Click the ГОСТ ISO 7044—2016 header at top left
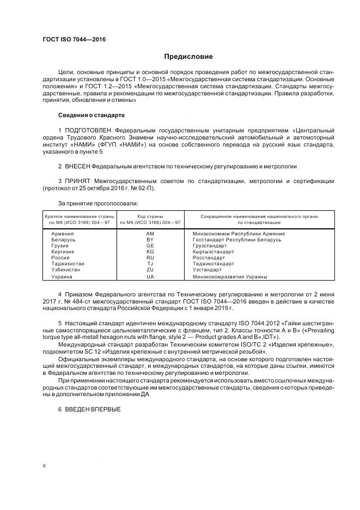(x=74, y=40)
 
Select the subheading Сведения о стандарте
(x=91, y=116)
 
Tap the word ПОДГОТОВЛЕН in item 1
(x=90, y=131)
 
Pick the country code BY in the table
(x=151, y=240)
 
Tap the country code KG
(x=151, y=252)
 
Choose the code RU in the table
(x=151, y=258)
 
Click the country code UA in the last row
(x=151, y=277)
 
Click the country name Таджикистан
(x=68, y=264)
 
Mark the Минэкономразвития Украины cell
(x=230, y=277)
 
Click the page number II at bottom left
(x=44, y=466)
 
